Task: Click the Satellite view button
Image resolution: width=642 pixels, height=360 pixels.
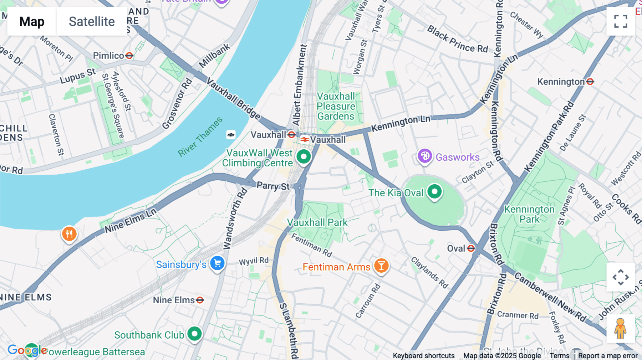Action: tap(92, 21)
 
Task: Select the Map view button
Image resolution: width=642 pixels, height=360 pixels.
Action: tap(32, 21)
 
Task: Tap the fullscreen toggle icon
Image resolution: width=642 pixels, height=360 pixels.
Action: tap(621, 21)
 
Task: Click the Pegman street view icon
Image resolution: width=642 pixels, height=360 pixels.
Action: tap(620, 329)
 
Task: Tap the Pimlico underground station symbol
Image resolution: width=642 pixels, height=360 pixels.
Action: tap(129, 56)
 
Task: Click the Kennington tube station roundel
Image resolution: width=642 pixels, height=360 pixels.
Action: tap(590, 82)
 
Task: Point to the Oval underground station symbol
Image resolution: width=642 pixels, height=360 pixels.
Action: tap(471, 248)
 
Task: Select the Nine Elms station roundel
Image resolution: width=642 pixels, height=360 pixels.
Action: tap(200, 300)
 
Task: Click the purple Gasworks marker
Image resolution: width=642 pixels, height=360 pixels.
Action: tap(425, 156)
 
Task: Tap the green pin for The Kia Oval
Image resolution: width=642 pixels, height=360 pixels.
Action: tap(434, 192)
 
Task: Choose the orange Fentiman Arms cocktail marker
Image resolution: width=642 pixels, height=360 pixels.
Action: tap(381, 266)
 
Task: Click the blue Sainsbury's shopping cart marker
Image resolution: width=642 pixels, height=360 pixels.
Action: tap(217, 264)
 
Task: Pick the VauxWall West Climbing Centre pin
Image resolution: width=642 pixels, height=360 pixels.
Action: tap(304, 156)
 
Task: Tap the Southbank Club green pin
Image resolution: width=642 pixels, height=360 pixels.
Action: tap(194, 334)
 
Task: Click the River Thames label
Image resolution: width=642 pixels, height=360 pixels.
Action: tap(200, 137)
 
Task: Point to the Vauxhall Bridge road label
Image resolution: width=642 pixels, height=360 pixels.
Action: tap(233, 98)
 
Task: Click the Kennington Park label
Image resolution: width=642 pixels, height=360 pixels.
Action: tap(529, 214)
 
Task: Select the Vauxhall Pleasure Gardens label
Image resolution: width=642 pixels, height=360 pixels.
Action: tap(336, 106)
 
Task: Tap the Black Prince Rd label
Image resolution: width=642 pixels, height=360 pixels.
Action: tap(458, 39)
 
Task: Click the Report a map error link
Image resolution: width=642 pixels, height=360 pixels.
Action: tap(607, 356)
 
